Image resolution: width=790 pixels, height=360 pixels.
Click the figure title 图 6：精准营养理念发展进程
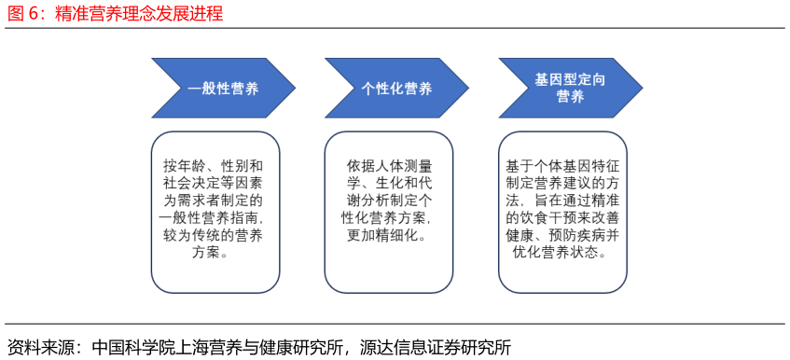click(x=116, y=14)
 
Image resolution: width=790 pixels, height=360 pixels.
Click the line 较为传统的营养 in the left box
click(x=214, y=235)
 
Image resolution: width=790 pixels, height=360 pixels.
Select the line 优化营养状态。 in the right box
click(x=562, y=253)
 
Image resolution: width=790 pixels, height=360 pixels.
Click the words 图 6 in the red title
click(x=25, y=14)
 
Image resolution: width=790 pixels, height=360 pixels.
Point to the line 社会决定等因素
click(x=214, y=183)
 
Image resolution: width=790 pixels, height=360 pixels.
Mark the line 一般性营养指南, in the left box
click(x=214, y=217)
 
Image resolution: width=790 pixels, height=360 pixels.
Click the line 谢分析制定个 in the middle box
click(x=387, y=200)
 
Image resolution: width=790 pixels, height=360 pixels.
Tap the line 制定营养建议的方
click(x=562, y=183)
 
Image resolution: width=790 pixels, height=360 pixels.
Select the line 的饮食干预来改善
click(x=562, y=217)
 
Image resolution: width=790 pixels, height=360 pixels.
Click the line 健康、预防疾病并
click(x=562, y=235)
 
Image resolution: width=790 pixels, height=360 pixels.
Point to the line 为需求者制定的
click(x=214, y=200)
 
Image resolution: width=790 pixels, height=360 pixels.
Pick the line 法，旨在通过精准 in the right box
click(x=562, y=200)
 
